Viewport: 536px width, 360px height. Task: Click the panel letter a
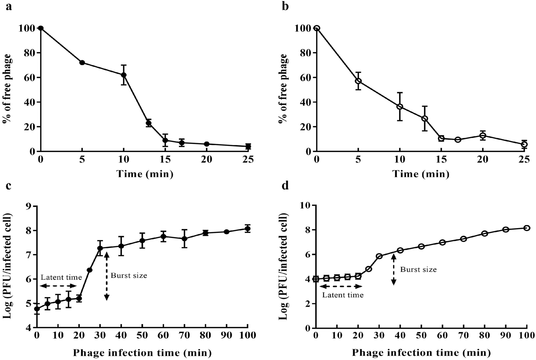9,7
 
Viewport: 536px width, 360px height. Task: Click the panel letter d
285,185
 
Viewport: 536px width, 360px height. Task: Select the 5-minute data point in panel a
82,62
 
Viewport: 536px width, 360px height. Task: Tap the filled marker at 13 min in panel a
149,123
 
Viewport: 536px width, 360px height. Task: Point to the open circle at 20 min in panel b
483,135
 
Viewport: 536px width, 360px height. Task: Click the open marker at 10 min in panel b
400,107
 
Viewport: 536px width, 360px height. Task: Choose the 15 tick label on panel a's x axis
165,159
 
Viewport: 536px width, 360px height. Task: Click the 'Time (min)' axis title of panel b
421,174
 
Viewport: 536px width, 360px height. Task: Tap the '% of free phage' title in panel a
7,89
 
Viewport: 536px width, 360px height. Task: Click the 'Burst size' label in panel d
418,270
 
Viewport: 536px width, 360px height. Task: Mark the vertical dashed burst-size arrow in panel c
106,276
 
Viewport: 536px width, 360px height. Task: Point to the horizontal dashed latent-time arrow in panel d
339,286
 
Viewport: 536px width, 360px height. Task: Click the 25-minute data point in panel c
90,270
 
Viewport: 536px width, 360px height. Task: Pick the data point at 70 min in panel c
184,239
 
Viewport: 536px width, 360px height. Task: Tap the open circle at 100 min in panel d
527,228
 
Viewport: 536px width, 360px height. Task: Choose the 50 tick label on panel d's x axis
421,336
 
